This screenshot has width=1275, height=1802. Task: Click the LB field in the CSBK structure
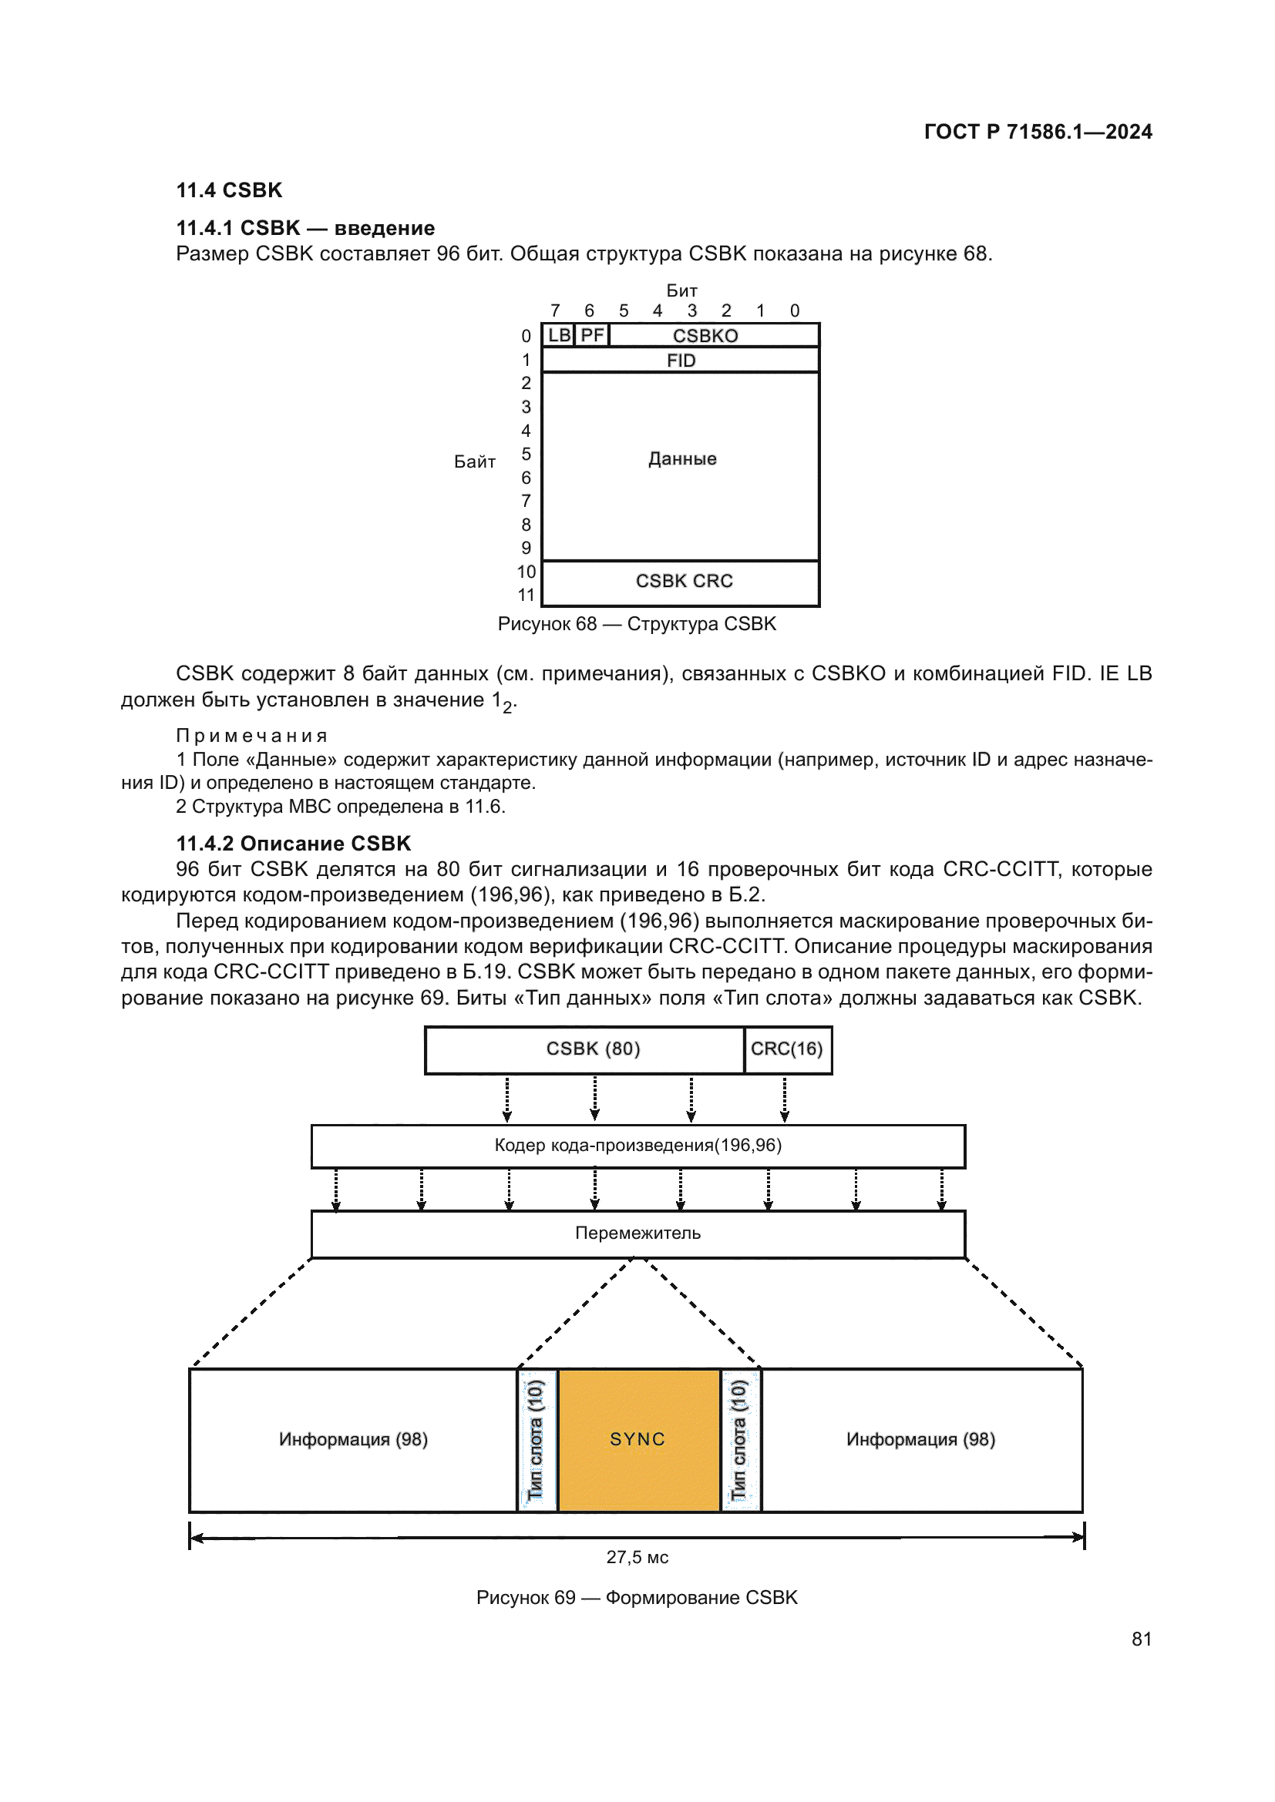point(559,335)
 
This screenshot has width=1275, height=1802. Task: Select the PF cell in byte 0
point(592,335)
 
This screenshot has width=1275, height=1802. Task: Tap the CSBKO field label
point(705,336)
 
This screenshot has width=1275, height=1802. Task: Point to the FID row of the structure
point(681,361)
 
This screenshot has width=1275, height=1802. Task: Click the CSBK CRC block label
point(684,581)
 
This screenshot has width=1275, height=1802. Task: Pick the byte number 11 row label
point(526,595)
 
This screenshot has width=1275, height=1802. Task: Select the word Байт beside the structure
point(474,461)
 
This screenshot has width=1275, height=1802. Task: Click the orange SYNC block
point(638,1438)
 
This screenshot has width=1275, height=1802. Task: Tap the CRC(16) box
point(787,1049)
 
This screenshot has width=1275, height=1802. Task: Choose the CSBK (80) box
point(593,1049)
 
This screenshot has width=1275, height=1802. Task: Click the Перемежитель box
point(637,1233)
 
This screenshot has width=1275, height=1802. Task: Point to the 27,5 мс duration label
point(637,1557)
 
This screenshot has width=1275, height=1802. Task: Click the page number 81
point(1142,1639)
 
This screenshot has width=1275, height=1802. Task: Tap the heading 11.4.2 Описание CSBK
point(293,844)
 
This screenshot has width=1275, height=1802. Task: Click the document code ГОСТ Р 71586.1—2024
point(1037,132)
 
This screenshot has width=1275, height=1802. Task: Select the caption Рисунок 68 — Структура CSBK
point(637,624)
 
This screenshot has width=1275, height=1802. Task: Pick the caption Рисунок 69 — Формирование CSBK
point(637,1597)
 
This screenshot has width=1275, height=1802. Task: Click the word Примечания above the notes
point(252,736)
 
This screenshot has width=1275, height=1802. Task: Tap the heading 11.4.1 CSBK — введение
point(305,228)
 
